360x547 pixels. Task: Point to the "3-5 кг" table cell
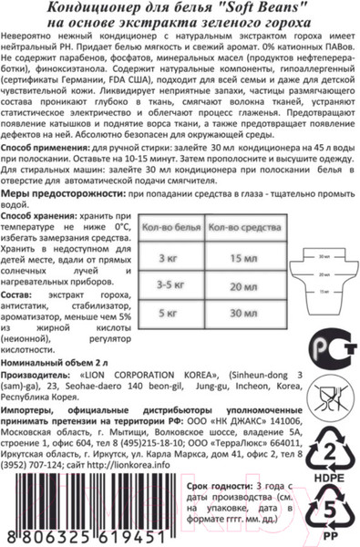tap(170, 285)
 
